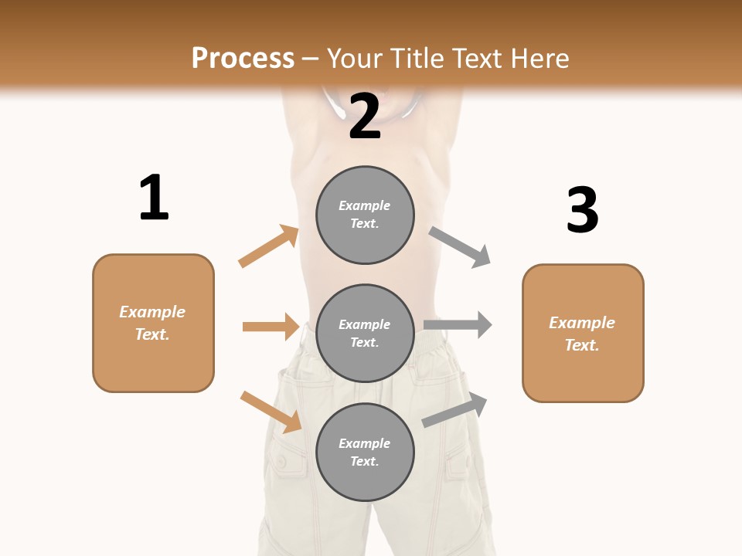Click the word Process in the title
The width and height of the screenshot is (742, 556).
(243, 58)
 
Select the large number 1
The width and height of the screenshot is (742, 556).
(154, 198)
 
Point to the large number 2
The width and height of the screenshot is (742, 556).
(365, 116)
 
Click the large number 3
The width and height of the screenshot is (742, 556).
(582, 210)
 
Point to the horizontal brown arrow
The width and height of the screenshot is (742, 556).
(271, 327)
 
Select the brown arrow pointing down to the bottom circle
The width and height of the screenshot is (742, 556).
(271, 412)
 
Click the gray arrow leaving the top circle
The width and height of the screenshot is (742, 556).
(460, 247)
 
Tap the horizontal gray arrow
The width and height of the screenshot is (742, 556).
(458, 324)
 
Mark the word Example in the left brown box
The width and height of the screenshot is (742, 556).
(152, 312)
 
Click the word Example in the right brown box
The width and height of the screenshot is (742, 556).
(582, 323)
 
